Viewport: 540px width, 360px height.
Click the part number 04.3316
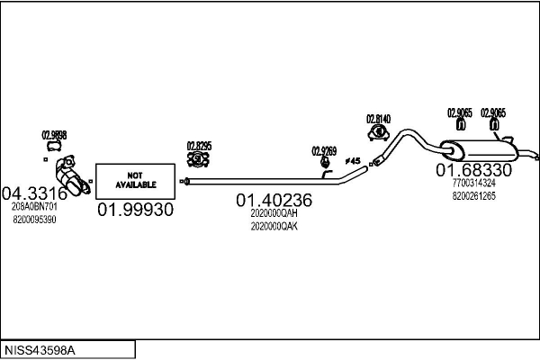[35, 192]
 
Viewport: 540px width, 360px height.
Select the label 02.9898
[54, 135]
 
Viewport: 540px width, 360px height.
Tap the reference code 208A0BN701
[34, 206]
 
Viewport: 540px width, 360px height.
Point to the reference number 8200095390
[34, 220]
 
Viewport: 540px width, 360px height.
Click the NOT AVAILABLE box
[135, 180]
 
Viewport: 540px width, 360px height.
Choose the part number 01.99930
[135, 209]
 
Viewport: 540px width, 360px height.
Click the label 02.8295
[199, 145]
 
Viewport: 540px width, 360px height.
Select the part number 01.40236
[274, 200]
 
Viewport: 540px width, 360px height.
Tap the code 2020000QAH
[274, 214]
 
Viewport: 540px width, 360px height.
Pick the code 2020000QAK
[274, 227]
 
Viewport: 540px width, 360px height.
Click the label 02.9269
[324, 150]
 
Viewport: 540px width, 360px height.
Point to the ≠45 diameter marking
[353, 161]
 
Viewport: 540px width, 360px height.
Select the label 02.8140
[378, 119]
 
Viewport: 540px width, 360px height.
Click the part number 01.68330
[474, 170]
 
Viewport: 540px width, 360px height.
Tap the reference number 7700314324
[473, 183]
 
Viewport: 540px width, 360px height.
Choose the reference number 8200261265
[473, 195]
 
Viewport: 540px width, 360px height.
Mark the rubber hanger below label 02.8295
[199, 159]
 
